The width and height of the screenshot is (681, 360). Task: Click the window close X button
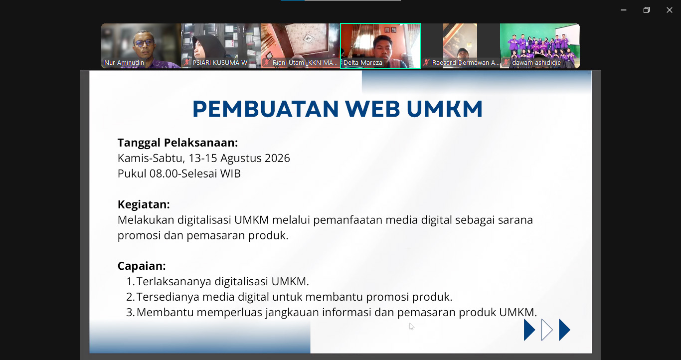[669, 10]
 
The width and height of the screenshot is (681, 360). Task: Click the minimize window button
[624, 10]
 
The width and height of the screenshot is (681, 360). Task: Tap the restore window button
[646, 10]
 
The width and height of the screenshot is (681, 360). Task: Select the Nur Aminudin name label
[124, 63]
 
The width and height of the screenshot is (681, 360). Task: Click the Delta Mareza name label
[363, 63]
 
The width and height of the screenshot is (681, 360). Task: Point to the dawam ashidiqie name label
[536, 63]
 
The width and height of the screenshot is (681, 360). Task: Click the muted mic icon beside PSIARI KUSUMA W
[186, 63]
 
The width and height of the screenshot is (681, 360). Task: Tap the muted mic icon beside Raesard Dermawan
[426, 63]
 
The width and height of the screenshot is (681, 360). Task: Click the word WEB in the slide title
[372, 109]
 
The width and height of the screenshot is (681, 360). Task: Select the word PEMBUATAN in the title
[266, 109]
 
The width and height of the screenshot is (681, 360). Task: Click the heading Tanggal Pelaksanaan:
[177, 143]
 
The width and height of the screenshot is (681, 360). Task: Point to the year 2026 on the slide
[277, 158]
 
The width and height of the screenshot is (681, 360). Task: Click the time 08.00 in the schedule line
[164, 174]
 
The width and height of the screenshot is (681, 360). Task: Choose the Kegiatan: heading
[144, 204]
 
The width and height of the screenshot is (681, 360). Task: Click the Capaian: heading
[142, 266]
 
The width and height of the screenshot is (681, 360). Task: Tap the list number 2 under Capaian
[130, 297]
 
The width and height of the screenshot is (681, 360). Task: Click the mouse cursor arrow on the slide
[411, 326]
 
